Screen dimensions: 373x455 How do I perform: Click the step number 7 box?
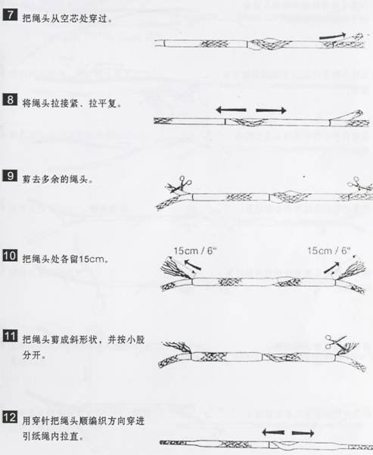click(10, 14)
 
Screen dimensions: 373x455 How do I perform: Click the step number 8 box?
click(10, 99)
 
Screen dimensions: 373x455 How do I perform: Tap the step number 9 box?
click(10, 176)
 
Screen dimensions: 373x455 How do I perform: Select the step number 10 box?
click(10, 255)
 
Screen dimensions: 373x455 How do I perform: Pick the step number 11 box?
click(10, 335)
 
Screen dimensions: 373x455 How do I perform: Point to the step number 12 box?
click(10, 416)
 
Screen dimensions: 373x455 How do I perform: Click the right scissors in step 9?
click(359, 184)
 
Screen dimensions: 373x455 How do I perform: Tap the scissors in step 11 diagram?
click(336, 342)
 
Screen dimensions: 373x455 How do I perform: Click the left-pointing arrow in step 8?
click(231, 110)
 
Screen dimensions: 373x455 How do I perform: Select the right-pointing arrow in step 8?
click(271, 110)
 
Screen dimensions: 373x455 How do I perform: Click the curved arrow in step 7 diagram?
click(332, 36)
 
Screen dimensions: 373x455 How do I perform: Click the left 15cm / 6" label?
click(195, 251)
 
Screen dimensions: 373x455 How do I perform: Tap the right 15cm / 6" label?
click(328, 251)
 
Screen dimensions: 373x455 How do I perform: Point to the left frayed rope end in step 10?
click(176, 268)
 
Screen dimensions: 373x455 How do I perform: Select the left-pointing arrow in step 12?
click(273, 432)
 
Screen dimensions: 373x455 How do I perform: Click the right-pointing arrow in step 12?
click(303, 433)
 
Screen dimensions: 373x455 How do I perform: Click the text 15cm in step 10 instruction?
click(92, 259)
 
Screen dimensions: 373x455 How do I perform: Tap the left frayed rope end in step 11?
click(176, 347)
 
